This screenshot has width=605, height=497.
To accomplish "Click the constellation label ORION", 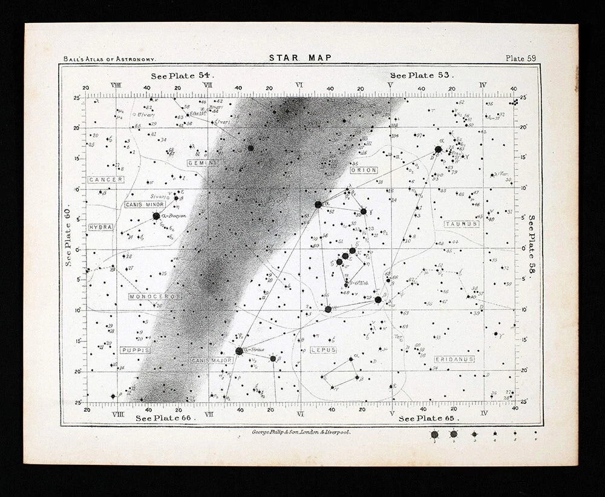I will click(363, 171).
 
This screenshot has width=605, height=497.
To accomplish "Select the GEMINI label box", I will click(202, 163).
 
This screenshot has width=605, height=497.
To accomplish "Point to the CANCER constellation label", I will click(106, 180).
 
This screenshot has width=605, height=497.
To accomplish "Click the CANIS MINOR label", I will click(144, 205).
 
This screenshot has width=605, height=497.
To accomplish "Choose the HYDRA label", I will click(100, 227).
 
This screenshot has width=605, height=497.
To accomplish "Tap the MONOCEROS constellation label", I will click(155, 297).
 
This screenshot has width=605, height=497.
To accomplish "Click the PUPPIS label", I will click(136, 350).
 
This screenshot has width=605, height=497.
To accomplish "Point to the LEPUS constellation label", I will click(323, 350).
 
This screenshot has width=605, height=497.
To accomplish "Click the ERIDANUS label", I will click(454, 360).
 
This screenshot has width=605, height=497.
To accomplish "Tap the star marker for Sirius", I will click(239, 351).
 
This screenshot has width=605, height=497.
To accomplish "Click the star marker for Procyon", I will click(156, 216).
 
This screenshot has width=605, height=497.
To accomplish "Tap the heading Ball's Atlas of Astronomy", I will click(110, 59).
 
